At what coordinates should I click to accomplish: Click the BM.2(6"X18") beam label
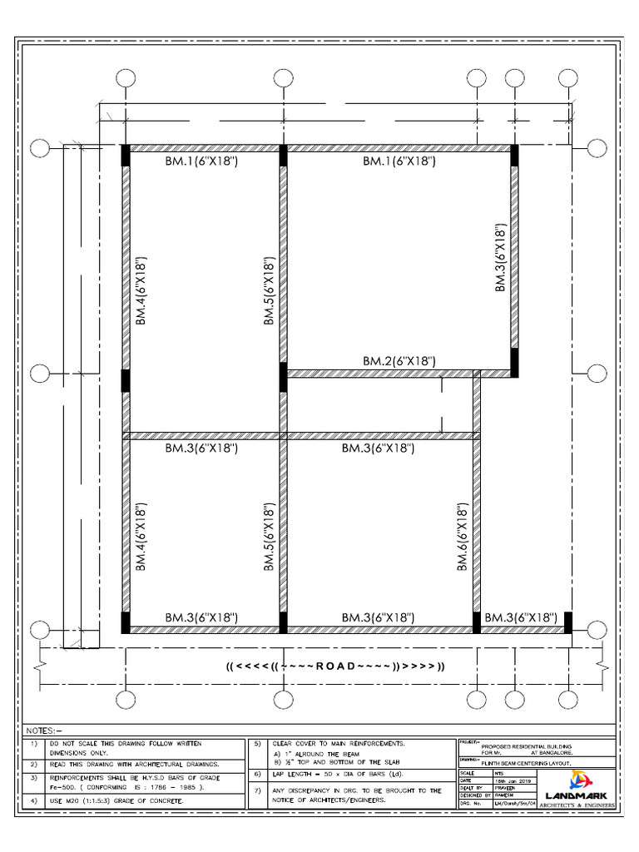point(399,361)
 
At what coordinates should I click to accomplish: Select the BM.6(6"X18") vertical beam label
point(463,537)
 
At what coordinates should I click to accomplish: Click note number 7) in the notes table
point(258,791)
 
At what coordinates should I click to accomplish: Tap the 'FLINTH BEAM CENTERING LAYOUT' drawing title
point(526,762)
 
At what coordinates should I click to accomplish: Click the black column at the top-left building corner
point(126,156)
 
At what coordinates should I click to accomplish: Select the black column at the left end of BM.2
point(283,376)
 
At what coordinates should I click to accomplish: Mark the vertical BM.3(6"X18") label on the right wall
point(501,257)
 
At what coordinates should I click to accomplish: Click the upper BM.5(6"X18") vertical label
point(270,289)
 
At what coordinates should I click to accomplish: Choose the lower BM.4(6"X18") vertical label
point(141,537)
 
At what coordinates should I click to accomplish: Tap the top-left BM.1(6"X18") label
point(201,161)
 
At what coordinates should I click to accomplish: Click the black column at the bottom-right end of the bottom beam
point(568,622)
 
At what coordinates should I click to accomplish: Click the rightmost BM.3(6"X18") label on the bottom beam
point(521,617)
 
